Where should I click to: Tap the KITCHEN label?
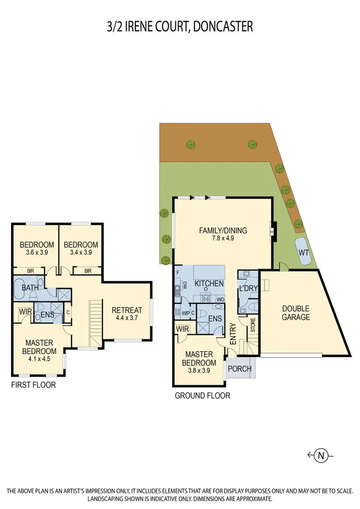[x=209, y=284]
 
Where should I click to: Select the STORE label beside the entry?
[x=252, y=328]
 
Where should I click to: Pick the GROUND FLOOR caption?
[x=202, y=396]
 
